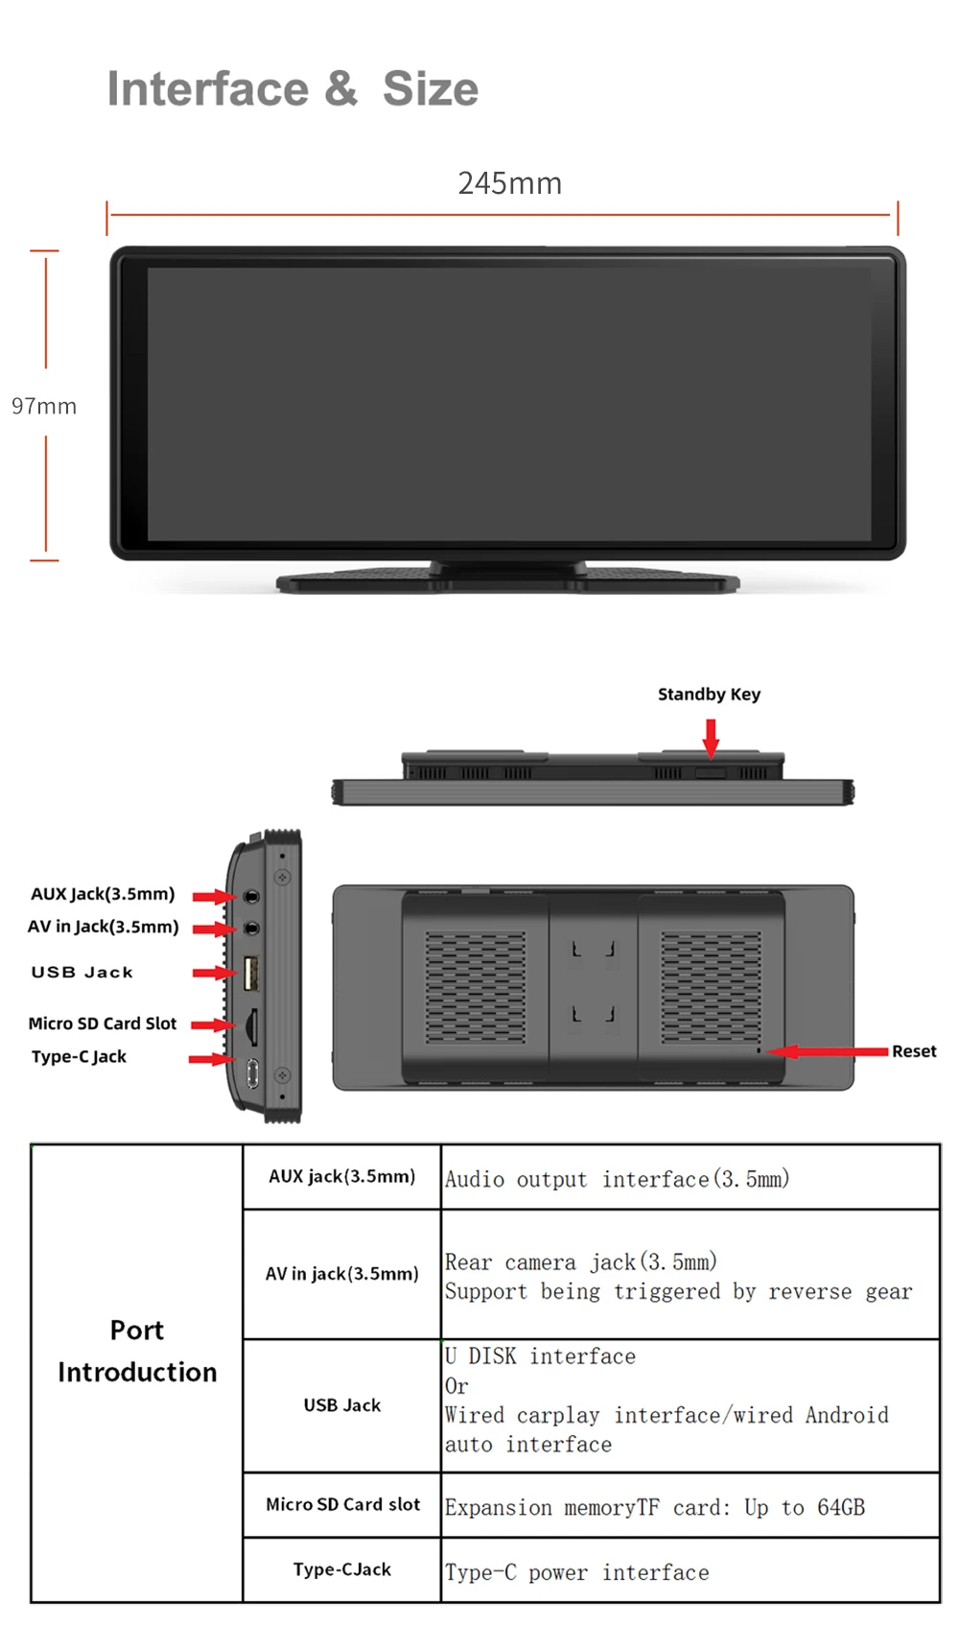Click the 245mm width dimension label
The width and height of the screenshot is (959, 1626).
coord(509,183)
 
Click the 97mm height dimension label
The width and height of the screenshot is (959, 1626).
coord(44,406)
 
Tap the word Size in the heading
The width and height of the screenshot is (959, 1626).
coord(430,89)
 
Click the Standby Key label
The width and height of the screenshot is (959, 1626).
coord(709,695)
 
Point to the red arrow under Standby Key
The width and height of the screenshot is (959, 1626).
coord(711,737)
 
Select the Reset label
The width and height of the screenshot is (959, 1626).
coord(913,1051)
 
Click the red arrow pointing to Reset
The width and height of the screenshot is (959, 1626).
coord(829,1051)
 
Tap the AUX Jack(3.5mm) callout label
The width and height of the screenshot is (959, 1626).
coord(103,894)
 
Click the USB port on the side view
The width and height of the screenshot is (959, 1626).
coord(251,973)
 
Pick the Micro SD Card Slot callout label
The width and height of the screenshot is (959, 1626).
coord(103,1024)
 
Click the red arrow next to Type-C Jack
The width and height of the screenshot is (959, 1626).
coord(211,1059)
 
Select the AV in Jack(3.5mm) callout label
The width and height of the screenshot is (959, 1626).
coord(103,927)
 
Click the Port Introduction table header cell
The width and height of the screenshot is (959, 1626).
coord(137,1351)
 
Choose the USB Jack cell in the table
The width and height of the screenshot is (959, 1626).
coord(342,1405)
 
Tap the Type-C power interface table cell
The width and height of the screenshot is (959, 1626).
coord(577,1572)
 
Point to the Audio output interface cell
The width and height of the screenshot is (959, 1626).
coord(617,1179)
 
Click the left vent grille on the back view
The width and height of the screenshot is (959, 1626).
coord(476,987)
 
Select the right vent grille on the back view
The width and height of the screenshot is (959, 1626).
coord(711,987)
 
